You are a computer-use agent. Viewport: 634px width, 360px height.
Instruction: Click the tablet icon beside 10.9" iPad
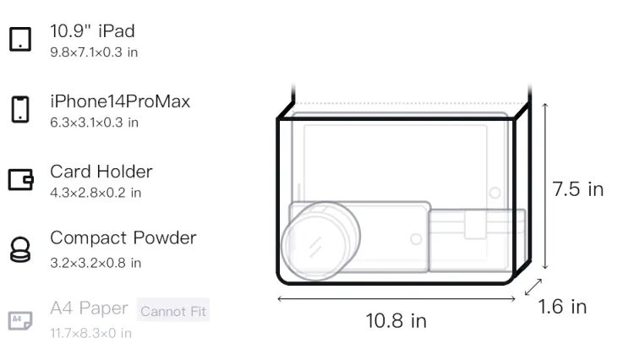(20, 39)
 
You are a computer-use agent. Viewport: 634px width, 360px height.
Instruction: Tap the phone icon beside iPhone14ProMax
(20, 109)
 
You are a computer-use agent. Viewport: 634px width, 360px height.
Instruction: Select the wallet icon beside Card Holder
(20, 179)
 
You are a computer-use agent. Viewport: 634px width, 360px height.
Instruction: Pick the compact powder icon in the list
(20, 249)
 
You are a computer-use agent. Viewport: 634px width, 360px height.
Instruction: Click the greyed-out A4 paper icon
(20, 320)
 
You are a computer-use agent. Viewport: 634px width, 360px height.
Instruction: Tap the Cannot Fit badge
(173, 310)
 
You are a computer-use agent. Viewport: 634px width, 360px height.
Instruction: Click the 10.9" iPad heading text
(92, 31)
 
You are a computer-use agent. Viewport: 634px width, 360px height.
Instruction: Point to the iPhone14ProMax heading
(120, 101)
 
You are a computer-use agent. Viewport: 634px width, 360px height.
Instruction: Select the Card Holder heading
(101, 172)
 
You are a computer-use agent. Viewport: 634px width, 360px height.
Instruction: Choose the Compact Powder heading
(123, 238)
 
